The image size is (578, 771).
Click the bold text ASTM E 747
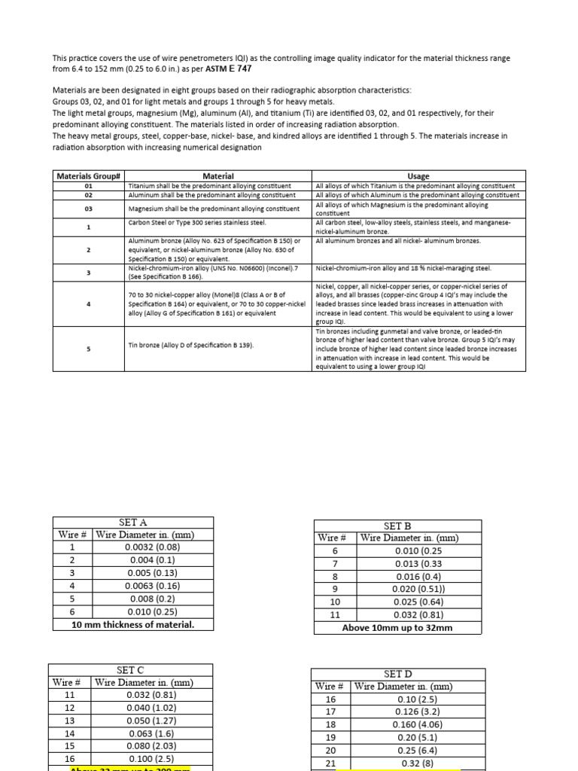(x=230, y=69)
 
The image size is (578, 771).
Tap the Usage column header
(x=418, y=175)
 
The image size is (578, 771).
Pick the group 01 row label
(x=89, y=185)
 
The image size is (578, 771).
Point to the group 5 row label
(x=89, y=349)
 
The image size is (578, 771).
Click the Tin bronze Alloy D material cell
(x=191, y=345)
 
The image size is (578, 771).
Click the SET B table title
(x=397, y=526)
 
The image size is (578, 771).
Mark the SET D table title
(x=397, y=674)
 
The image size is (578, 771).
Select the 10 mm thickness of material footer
(x=132, y=624)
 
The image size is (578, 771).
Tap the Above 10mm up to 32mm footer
(x=397, y=627)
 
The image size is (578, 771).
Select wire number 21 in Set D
(x=330, y=763)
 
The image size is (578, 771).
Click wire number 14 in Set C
(x=69, y=733)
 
